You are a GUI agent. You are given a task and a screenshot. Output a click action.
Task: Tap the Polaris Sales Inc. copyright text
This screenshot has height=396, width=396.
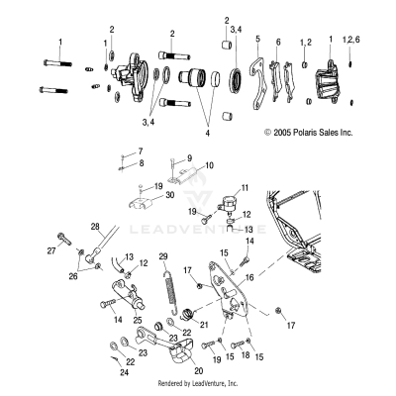click(308, 131)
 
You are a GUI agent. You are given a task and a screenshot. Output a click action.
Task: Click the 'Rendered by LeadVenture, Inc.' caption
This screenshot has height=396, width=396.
click(198, 382)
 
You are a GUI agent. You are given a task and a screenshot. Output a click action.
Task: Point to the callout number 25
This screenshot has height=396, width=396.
click(138, 322)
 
